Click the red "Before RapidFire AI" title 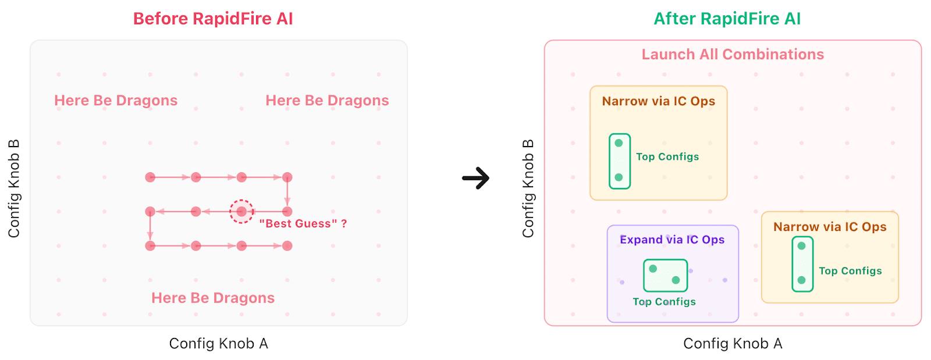pyautogui.click(x=213, y=19)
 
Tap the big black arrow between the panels pyautogui.click(x=476, y=178)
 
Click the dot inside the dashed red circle pyautogui.click(x=241, y=212)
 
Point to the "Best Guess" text pyautogui.click(x=298, y=223)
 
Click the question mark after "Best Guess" pyautogui.click(x=344, y=223)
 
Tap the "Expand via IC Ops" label pyautogui.click(x=672, y=240)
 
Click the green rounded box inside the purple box pyautogui.click(x=665, y=276)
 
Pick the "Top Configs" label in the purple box pyautogui.click(x=664, y=302)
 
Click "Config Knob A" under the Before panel pyautogui.click(x=218, y=344)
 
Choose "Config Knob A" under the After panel pyautogui.click(x=733, y=344)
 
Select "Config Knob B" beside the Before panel pyautogui.click(x=14, y=188)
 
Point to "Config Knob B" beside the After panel pyautogui.click(x=528, y=188)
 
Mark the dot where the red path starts pyautogui.click(x=150, y=177)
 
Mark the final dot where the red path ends pyautogui.click(x=287, y=246)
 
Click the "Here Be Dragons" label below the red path pyautogui.click(x=213, y=298)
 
